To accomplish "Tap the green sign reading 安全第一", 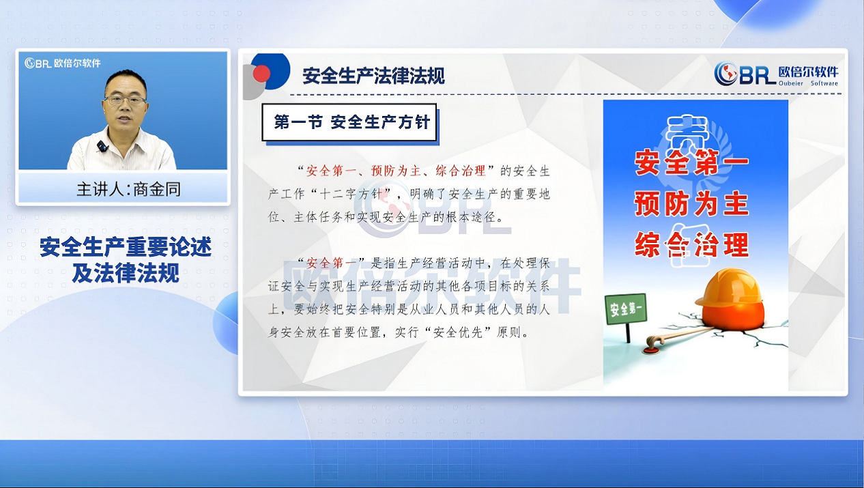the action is tap(626, 308).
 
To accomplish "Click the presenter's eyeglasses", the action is tap(125, 101).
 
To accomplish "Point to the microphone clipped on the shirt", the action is tap(102, 146).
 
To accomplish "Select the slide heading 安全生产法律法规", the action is tap(373, 76).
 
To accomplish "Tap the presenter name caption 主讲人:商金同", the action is tap(129, 190).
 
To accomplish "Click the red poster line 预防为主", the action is tap(691, 203).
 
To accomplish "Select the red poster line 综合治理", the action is tap(691, 245).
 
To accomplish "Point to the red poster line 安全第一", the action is tap(691, 162).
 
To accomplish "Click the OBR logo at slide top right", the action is tap(776, 74).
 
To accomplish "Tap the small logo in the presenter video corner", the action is tap(63, 63).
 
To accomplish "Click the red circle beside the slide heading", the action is tap(261, 74).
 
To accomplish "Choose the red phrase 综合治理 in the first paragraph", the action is tap(461, 171).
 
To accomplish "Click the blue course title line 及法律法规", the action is tap(126, 273).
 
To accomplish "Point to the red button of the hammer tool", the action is tap(650, 350).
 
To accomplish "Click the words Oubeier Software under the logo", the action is tap(808, 83).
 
